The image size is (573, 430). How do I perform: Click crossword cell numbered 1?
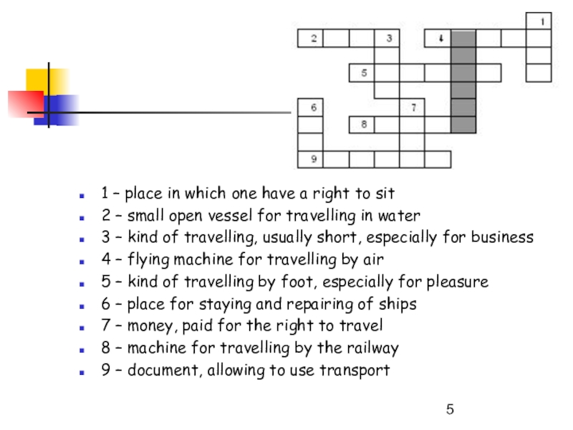(539, 21)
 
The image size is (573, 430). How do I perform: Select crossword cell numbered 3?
(387, 39)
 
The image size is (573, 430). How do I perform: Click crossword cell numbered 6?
(310, 108)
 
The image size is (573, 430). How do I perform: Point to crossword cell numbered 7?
(413, 108)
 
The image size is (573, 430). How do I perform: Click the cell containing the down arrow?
(438, 39)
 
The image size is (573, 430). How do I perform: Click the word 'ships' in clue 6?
(397, 305)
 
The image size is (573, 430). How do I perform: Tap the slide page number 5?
(450, 410)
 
